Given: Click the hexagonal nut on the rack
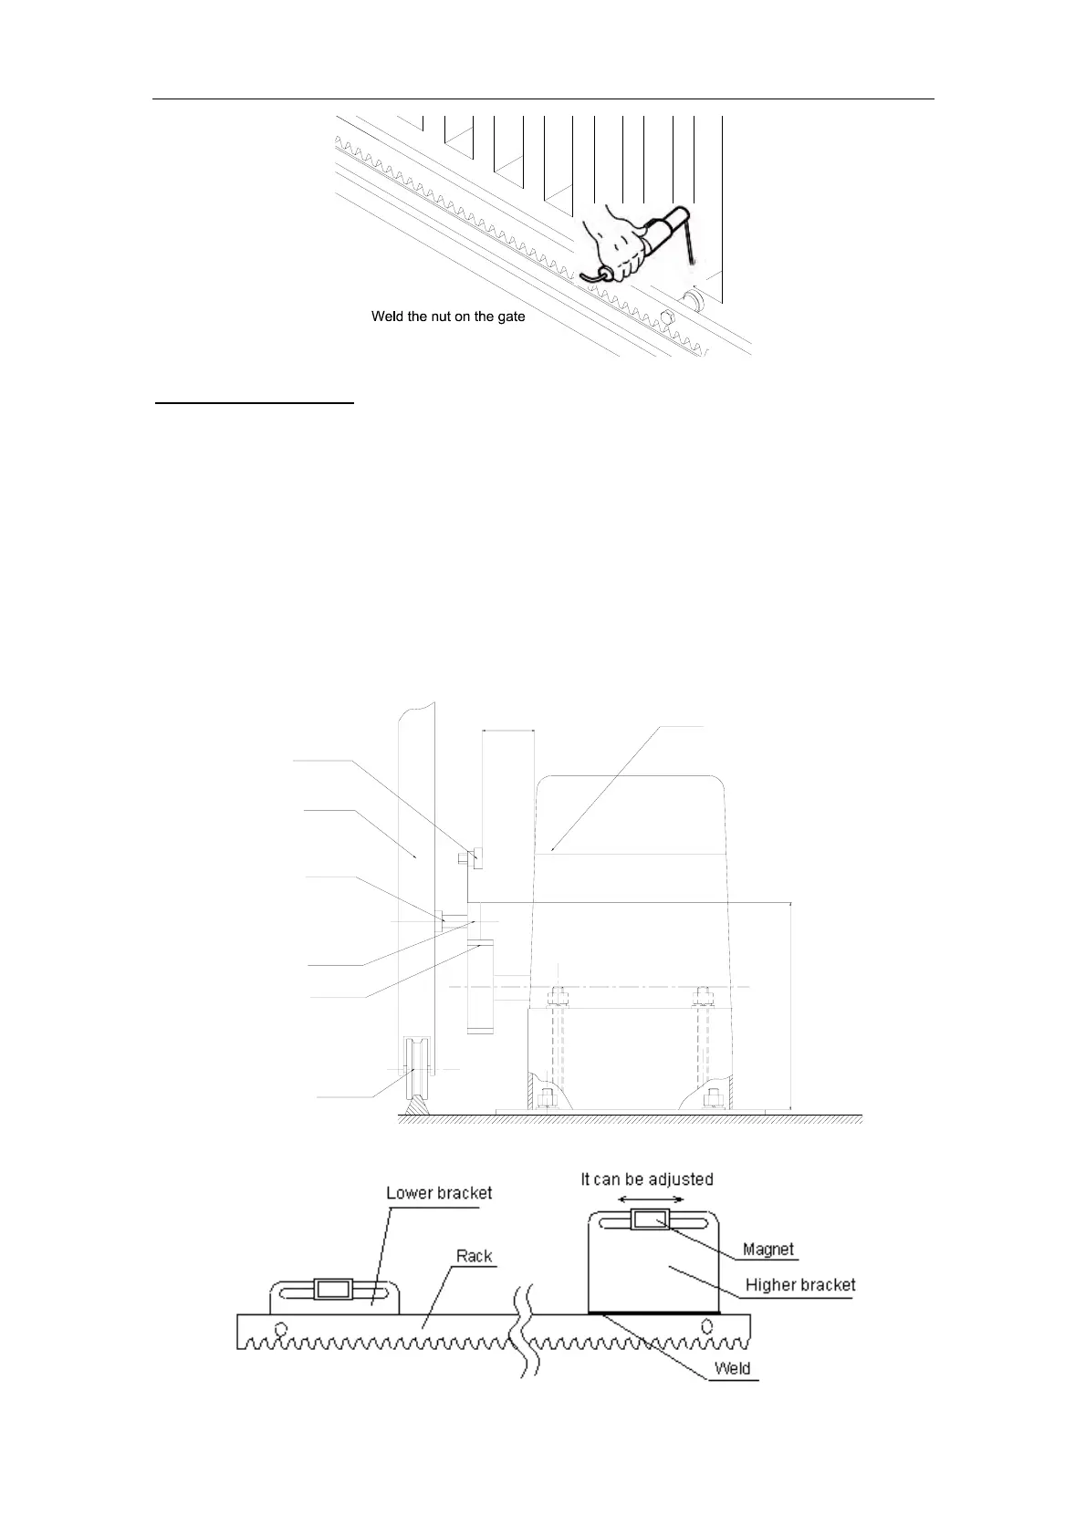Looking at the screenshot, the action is coord(664,318).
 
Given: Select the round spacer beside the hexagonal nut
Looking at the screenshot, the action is coord(692,298).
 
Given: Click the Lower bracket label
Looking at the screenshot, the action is coord(439,1193).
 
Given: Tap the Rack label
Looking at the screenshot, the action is coord(475,1256).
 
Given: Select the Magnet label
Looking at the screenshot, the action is coord(768,1250).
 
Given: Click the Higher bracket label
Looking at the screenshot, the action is coord(800,1285).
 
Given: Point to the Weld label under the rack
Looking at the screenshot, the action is coord(732,1368).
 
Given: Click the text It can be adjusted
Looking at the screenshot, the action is coord(647,1178).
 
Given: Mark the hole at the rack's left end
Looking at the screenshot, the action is coord(280,1327).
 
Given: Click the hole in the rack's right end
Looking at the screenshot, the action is coord(705,1325).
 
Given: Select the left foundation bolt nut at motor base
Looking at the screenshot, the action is coord(547,1095).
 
